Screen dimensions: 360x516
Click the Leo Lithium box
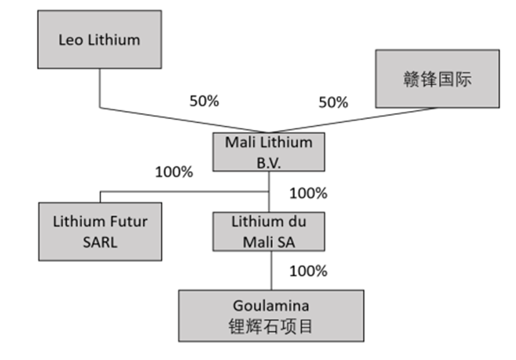coord(99,40)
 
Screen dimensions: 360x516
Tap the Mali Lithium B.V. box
coord(269,152)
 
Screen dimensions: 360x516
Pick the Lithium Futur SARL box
coord(100,231)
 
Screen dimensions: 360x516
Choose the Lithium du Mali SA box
coord(269,231)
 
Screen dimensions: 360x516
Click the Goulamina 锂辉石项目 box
coord(271,313)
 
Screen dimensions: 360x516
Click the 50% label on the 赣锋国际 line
coord(332,102)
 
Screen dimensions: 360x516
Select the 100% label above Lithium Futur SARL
coord(173,171)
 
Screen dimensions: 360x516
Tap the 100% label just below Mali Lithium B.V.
coord(308,193)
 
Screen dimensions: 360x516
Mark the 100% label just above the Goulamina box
coord(308,271)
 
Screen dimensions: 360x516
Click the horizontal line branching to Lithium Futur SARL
coord(183,192)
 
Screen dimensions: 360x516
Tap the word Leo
coord(70,40)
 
